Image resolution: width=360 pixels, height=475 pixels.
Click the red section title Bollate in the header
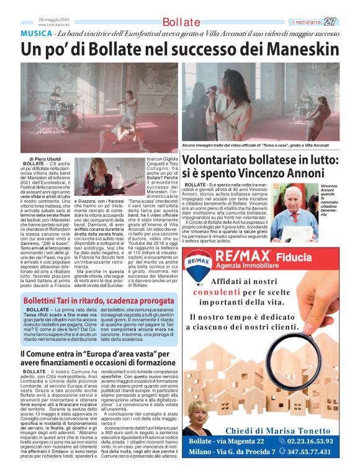181,22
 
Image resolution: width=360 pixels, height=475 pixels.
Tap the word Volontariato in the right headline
223,160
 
